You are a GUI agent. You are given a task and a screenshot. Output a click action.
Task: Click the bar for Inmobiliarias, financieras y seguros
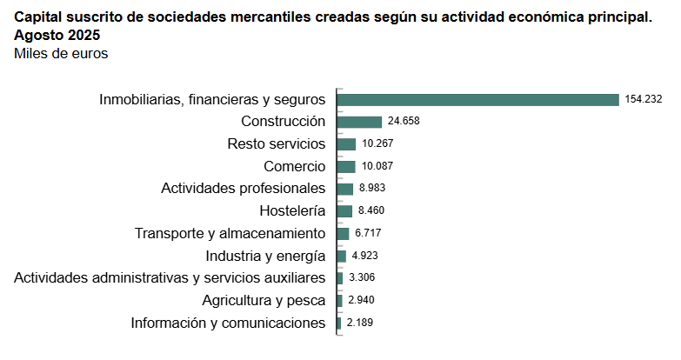point(477,99)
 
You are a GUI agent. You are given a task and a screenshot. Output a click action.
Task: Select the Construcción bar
point(359,122)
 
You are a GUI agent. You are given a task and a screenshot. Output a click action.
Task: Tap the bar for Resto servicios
point(346,144)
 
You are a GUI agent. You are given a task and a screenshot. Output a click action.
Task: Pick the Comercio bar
point(346,166)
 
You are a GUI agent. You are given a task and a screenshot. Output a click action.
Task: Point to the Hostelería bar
point(344,211)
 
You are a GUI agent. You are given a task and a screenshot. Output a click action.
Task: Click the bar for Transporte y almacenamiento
point(343,234)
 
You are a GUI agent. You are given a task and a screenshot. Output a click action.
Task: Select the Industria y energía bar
point(341,256)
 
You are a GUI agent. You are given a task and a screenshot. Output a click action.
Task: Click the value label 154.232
point(644,99)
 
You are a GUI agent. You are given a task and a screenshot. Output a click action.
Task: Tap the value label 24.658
point(404,122)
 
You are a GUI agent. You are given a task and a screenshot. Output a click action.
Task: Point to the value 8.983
point(372,189)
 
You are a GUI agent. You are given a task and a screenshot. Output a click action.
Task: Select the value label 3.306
point(362,278)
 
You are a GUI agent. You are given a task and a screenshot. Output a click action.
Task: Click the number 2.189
point(360,323)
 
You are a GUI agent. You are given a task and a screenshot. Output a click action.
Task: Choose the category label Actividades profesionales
point(244,189)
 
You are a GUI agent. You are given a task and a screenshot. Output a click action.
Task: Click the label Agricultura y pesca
point(264,301)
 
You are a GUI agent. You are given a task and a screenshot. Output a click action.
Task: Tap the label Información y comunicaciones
point(228,323)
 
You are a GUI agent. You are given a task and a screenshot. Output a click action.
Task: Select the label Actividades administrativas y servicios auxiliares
point(170,278)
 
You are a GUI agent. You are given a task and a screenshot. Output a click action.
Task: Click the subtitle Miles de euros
point(61,54)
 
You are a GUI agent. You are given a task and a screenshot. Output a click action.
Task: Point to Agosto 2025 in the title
point(57,36)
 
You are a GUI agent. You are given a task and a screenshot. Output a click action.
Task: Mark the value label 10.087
point(378,166)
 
